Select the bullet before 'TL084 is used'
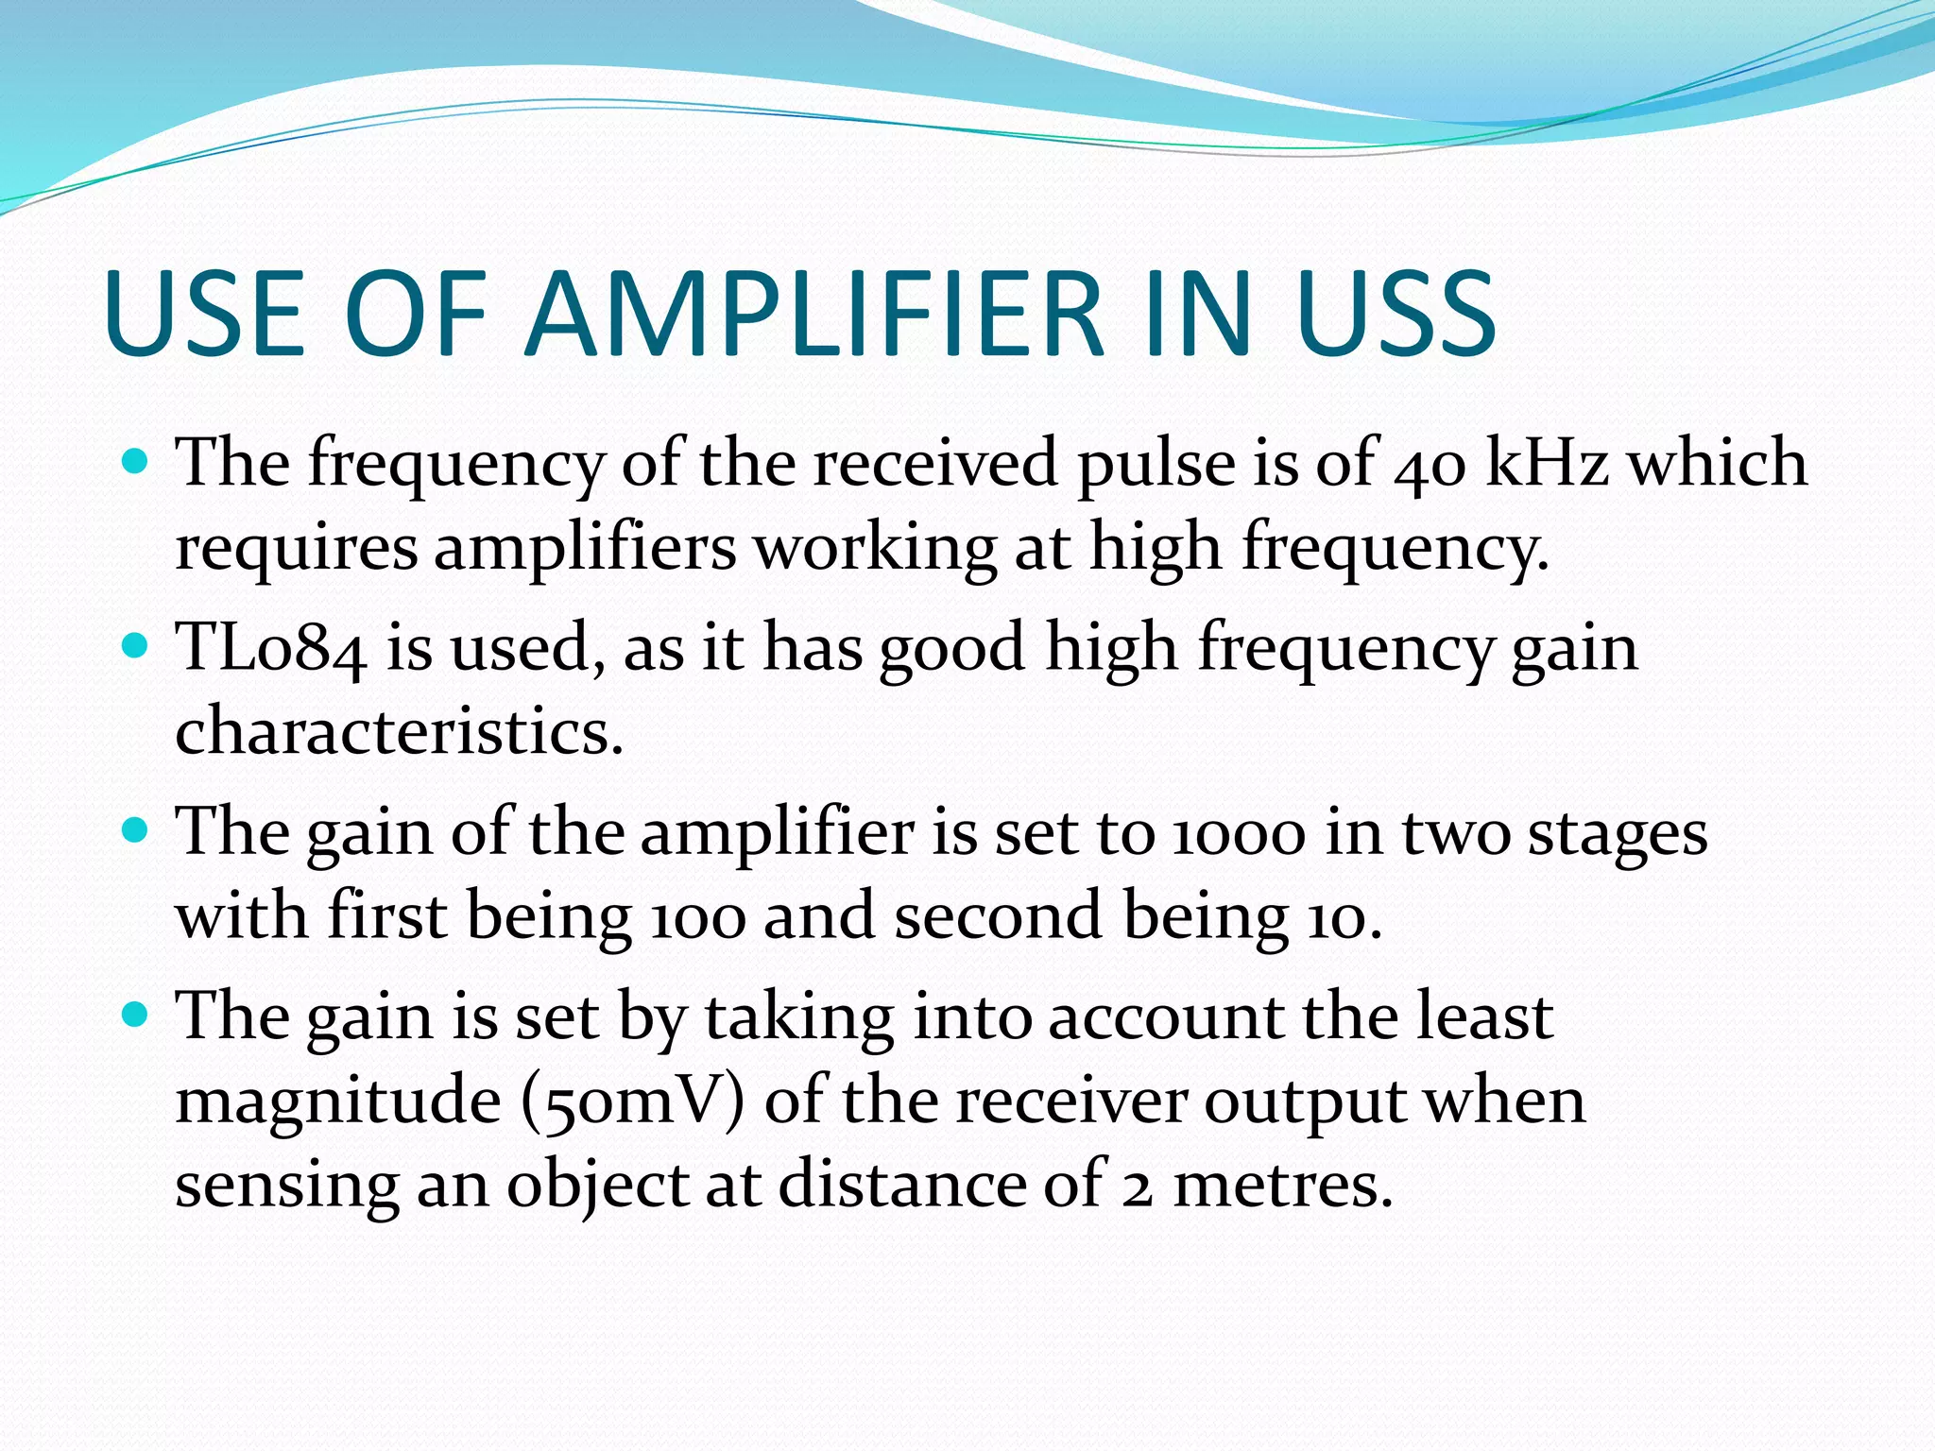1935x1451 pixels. [x=137, y=646]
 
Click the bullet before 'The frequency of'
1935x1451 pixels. [x=137, y=462]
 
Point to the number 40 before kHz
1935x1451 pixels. [x=1430, y=465]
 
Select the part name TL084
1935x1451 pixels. [x=272, y=648]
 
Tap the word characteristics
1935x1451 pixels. [x=399, y=732]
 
